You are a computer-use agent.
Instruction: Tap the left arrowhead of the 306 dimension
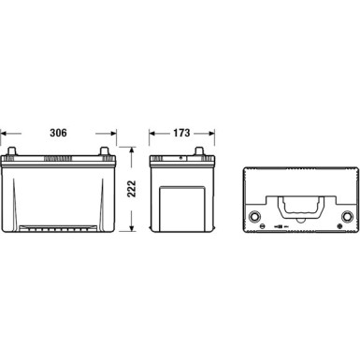(x=4, y=132)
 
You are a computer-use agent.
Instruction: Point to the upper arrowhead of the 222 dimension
(x=133, y=148)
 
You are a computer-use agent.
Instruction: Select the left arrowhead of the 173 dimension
(x=151, y=132)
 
